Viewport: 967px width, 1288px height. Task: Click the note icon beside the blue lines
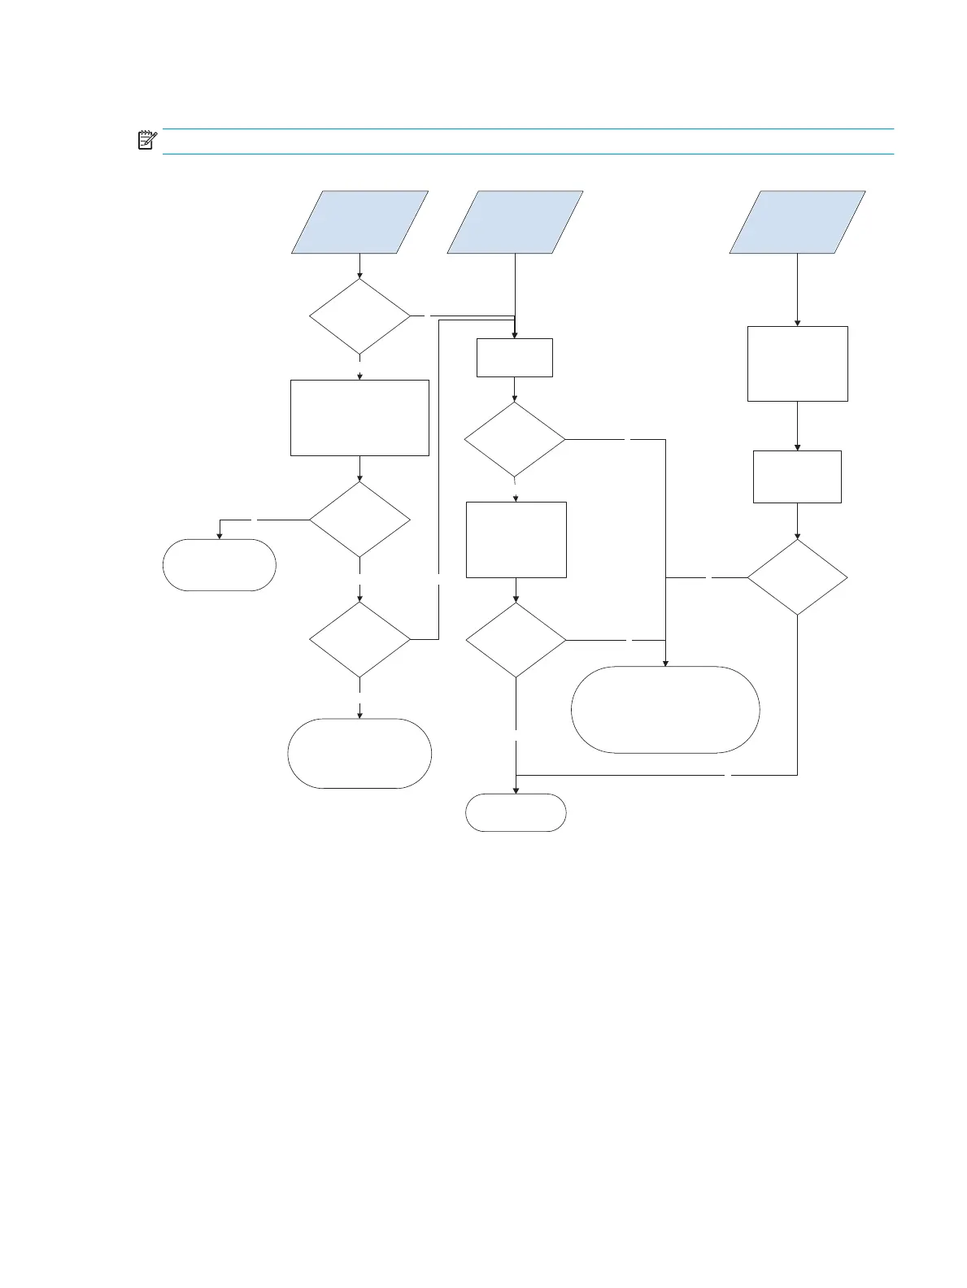[x=146, y=141]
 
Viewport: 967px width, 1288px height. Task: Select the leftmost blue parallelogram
[x=360, y=222]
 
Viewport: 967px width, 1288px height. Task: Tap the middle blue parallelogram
[x=515, y=222]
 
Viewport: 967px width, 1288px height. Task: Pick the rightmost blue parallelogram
[x=797, y=222]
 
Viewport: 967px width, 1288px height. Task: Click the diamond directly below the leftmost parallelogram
[x=360, y=317]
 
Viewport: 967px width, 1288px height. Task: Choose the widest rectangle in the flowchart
[x=359, y=417]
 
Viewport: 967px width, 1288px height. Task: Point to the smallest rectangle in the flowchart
[x=514, y=357]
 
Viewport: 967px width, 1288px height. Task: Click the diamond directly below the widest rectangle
[x=360, y=520]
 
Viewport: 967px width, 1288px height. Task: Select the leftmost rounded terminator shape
[x=219, y=564]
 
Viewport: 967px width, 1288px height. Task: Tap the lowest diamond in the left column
[x=360, y=639]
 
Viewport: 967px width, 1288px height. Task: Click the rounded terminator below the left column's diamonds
[x=359, y=753]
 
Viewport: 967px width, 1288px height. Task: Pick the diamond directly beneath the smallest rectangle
[x=515, y=440]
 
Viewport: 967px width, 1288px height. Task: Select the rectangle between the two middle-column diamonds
[x=516, y=539]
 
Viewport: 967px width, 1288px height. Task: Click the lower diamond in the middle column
[x=516, y=640]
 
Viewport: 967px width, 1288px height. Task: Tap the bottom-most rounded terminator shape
[x=516, y=812]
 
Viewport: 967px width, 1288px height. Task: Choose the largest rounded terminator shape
[x=665, y=709]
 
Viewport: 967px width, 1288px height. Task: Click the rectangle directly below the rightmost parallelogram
[x=797, y=363]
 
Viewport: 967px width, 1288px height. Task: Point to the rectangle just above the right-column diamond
[x=797, y=476]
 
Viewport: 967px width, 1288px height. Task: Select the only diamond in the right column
[x=797, y=577]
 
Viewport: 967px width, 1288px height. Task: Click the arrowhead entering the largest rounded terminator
[x=665, y=663]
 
